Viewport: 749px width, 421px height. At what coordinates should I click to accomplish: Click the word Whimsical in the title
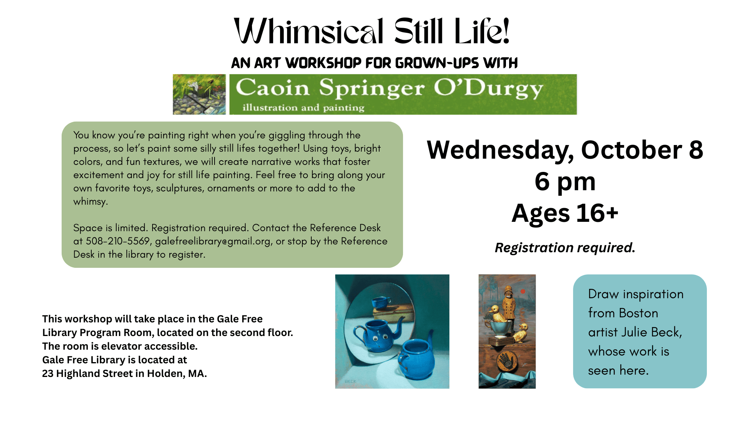tap(309, 31)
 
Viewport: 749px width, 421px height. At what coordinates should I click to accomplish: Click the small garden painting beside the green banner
tap(199, 94)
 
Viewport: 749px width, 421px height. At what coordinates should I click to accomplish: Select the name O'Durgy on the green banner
tap(488, 88)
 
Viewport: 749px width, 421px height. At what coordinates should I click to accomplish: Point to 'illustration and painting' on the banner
tap(304, 108)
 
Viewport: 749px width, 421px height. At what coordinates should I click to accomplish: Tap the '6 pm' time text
tap(565, 181)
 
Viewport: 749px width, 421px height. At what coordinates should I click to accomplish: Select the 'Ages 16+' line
tap(565, 213)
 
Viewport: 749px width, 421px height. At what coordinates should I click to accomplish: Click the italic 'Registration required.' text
tap(565, 248)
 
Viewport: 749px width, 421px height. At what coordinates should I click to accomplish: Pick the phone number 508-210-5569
tap(118, 241)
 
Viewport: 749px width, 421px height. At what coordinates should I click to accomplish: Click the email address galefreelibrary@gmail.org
tap(213, 242)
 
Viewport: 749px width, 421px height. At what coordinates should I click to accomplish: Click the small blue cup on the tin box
tap(381, 302)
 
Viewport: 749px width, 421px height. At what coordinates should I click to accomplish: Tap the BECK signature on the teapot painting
tap(350, 381)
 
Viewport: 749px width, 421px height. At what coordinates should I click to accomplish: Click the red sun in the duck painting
tap(523, 291)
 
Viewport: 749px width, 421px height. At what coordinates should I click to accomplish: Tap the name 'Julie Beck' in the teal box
tap(651, 332)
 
